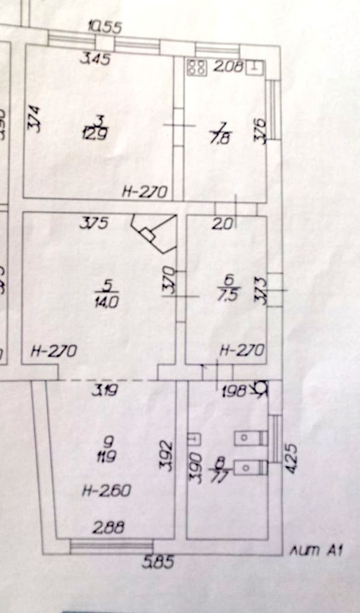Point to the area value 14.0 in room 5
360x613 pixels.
[108, 301]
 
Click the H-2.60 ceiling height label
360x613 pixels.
[105, 491]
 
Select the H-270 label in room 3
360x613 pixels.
[145, 191]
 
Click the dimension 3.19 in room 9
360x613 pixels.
[104, 392]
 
